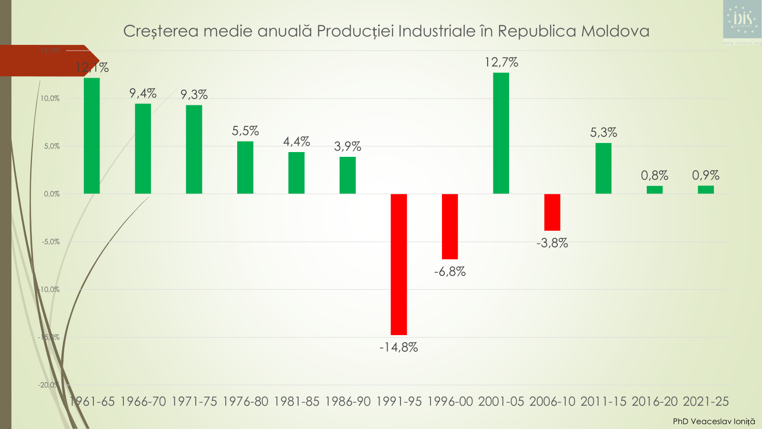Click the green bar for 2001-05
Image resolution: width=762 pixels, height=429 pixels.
[501, 133]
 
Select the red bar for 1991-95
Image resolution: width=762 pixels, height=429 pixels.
[399, 264]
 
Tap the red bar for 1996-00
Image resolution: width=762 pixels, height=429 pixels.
[450, 226]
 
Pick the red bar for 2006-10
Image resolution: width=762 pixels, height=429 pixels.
[552, 212]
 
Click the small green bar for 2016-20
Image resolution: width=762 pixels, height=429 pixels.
[654, 190]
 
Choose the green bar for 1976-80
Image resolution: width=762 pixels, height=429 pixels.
[245, 167]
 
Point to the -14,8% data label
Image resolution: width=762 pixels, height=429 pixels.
[399, 347]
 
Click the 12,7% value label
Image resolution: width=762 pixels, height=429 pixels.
[501, 62]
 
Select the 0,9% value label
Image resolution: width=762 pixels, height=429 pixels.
[705, 175]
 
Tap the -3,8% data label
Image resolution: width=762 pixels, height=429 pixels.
[552, 243]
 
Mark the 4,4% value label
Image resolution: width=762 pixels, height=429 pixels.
[296, 142]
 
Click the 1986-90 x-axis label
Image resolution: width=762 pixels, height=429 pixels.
[348, 401]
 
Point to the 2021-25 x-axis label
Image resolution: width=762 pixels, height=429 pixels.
[706, 401]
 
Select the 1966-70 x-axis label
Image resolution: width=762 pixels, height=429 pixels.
[143, 401]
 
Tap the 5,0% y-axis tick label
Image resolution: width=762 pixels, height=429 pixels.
[52, 146]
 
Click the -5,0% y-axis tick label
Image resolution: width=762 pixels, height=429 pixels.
[50, 242]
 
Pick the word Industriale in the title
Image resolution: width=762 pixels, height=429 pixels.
[437, 31]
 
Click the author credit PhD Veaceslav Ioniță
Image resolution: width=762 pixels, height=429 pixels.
[713, 421]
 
